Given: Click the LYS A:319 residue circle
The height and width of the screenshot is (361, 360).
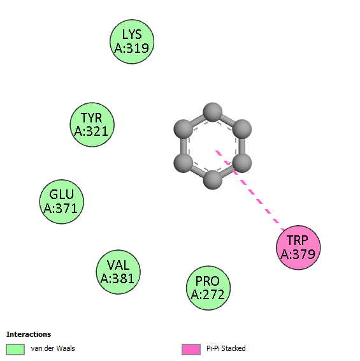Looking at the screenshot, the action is click(132, 41).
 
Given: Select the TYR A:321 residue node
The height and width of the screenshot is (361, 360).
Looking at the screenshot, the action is click(92, 124).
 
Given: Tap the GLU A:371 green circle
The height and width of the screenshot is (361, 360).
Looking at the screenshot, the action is click(61, 202).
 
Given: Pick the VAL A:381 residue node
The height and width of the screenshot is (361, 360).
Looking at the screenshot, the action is click(119, 272).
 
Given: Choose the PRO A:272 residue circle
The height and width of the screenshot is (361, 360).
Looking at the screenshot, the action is click(208, 288).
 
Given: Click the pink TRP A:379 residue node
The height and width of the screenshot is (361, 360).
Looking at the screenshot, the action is click(298, 247).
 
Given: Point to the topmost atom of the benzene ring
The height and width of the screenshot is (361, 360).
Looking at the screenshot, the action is click(213, 112).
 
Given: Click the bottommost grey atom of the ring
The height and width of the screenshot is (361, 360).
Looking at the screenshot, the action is click(213, 180).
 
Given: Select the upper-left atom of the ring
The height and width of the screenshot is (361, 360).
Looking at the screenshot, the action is click(183, 129).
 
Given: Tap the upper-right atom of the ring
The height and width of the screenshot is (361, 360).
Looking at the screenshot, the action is click(242, 129).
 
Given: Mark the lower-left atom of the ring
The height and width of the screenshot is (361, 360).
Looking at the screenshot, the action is click(183, 163).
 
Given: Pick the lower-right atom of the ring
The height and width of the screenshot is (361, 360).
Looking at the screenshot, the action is click(242, 163).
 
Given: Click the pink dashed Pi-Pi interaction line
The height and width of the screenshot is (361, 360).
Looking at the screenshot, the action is click(250, 190).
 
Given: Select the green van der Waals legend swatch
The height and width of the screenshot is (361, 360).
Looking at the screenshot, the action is click(15, 350).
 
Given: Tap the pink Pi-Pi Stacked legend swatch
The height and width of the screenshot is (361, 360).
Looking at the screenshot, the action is click(191, 350).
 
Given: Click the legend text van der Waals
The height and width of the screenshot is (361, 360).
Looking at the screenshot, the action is click(53, 348).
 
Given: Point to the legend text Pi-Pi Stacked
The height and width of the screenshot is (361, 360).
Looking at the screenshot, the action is click(226, 348).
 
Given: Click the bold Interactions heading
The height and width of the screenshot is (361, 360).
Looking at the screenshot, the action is click(29, 334).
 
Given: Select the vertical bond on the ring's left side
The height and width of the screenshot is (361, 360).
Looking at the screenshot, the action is click(184, 146).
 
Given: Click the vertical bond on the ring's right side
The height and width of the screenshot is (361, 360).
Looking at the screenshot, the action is click(242, 146).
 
